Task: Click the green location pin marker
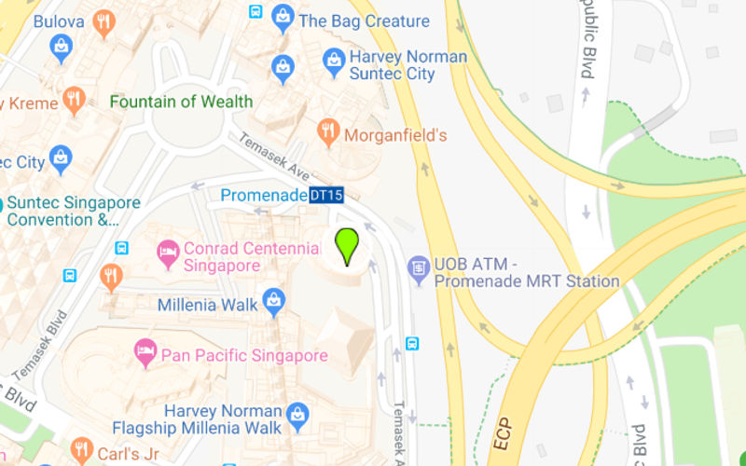347,245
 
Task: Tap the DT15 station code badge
326,195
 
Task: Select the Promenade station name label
264,195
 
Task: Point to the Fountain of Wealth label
181,102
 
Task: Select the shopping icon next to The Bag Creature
283,18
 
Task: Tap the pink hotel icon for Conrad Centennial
168,251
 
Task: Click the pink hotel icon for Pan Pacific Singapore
145,351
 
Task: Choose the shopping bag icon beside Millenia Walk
273,300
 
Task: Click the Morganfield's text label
395,135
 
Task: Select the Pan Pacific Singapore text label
244,355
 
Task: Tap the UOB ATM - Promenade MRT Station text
526,273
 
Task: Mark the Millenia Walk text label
200,305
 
